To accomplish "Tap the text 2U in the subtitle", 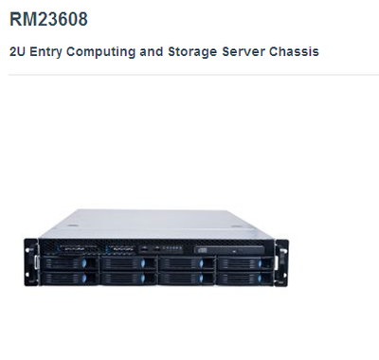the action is coord(18,50).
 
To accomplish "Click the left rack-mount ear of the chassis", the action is coord(31,257).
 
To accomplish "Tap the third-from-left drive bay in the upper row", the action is coord(184,264).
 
